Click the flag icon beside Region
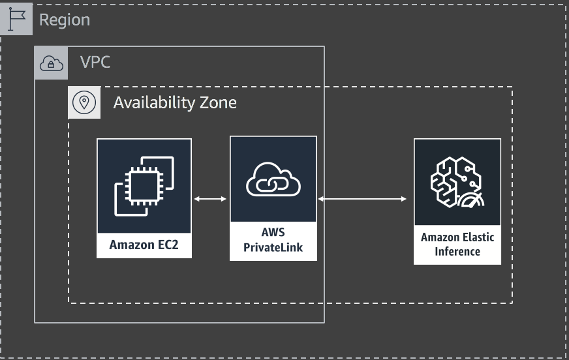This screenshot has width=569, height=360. [x=16, y=20]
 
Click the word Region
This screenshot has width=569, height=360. [x=65, y=20]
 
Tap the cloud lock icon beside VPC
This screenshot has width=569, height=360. [x=51, y=63]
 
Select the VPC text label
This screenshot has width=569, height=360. [x=95, y=63]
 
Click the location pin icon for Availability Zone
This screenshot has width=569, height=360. [x=84, y=102]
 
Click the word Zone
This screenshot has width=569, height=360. [x=217, y=102]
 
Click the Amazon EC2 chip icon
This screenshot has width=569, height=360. [x=144, y=186]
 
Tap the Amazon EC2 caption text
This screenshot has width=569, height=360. [x=144, y=245]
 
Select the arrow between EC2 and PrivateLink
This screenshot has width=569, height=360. [x=210, y=198]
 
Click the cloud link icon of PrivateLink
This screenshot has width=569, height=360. [x=273, y=179]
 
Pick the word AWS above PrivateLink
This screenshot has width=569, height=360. [x=273, y=233]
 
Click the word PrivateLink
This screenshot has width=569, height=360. [x=273, y=247]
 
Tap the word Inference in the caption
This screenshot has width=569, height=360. [x=457, y=251]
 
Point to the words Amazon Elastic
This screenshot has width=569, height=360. [x=457, y=237]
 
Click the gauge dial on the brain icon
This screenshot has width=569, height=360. [x=472, y=200]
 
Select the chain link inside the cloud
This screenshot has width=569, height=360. [x=273, y=185]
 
